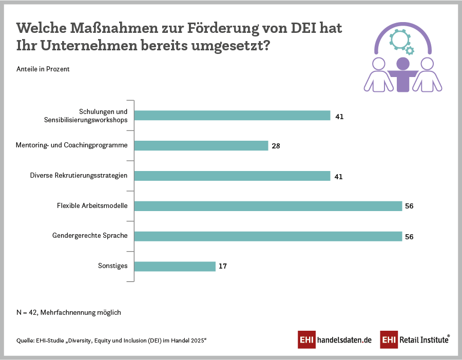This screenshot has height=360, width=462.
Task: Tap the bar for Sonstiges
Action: pyautogui.click(x=175, y=266)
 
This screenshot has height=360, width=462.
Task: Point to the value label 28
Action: pyautogui.click(x=276, y=146)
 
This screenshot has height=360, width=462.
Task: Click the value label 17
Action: pyautogui.click(x=222, y=267)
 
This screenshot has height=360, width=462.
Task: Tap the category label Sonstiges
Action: pyautogui.click(x=112, y=266)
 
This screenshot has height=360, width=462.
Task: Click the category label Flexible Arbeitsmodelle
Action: pyautogui.click(x=92, y=206)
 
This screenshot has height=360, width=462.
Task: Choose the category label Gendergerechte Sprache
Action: pyautogui.click(x=90, y=236)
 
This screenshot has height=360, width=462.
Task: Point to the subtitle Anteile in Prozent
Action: pyautogui.click(x=43, y=69)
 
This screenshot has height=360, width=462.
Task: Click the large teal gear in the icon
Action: pyautogui.click(x=398, y=39)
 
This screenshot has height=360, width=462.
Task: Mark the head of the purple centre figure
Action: pyautogui.click(x=403, y=64)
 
